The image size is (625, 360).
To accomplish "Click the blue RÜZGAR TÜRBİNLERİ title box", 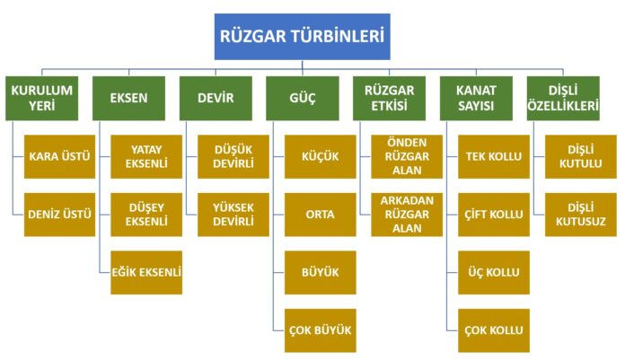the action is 302,37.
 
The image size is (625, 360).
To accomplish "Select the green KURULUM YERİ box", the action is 42,98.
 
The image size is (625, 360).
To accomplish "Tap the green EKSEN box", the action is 128,98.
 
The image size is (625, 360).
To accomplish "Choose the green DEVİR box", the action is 216,98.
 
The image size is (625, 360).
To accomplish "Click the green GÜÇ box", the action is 303,98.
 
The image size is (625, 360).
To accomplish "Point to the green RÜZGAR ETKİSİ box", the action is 389,98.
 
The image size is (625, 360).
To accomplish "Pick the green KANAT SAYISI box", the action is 476,98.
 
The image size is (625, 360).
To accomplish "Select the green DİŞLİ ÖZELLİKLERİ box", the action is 563,98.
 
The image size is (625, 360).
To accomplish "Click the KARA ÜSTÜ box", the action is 60,157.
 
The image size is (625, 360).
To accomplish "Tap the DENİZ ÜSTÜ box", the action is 60,215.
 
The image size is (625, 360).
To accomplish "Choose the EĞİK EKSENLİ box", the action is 146,272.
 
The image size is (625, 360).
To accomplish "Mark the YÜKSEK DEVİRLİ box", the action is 233,215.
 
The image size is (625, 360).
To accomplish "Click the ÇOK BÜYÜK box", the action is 320,330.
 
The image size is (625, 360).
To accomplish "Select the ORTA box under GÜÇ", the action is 320,215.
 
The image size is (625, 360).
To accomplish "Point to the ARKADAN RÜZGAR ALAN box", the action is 407,215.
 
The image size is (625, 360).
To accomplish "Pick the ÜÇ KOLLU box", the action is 494,272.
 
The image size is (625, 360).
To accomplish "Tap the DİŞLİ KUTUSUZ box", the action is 581,215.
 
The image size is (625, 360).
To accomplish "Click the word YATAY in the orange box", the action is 146,150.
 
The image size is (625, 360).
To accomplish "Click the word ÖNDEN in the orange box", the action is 407,143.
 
